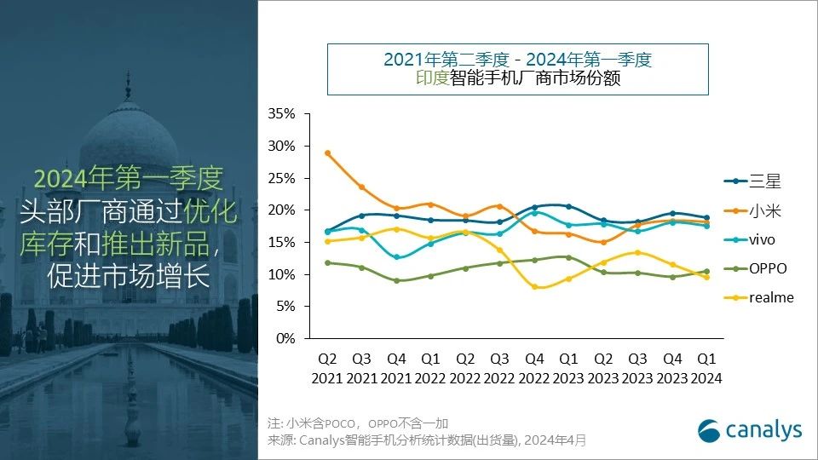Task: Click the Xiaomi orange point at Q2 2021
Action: (327, 153)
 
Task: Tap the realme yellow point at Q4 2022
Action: (534, 287)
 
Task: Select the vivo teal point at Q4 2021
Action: (396, 256)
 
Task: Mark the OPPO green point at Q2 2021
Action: (327, 262)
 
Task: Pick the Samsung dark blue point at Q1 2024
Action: (707, 218)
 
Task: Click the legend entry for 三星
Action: (754, 181)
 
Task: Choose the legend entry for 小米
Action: (754, 210)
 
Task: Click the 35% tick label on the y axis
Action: (281, 114)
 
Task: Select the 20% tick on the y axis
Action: (281, 210)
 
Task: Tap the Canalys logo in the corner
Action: (750, 431)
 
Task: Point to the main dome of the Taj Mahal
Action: (129, 141)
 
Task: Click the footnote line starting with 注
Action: (357, 423)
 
